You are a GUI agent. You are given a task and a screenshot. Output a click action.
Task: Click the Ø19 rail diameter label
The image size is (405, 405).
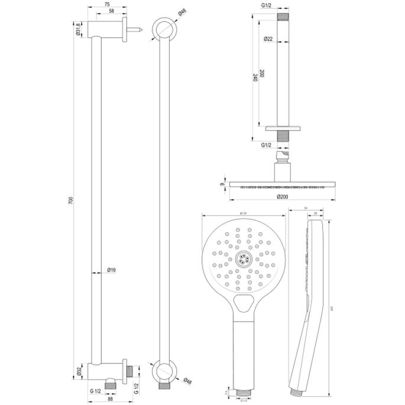tap(111, 271)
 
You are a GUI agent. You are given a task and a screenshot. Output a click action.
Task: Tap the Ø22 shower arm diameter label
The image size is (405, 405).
tap(268, 39)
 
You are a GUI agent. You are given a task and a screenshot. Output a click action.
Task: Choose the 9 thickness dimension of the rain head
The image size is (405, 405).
tap(222, 184)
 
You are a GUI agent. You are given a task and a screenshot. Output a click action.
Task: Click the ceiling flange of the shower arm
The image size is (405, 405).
tap(284, 128)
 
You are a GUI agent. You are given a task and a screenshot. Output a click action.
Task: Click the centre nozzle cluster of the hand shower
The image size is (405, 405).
tap(242, 258)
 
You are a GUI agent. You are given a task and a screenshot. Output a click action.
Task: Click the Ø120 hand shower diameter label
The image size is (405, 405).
tap(242, 213)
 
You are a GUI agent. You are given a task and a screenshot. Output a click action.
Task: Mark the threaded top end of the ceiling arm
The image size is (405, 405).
tap(284, 17)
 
